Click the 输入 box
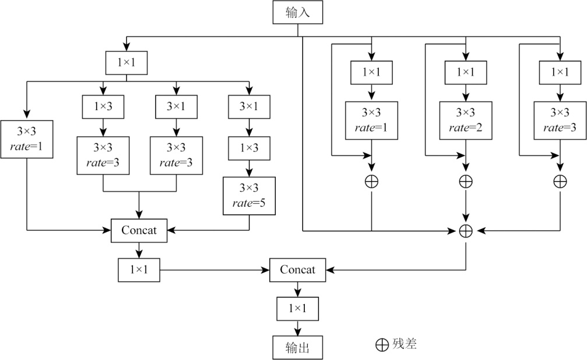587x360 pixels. tap(297, 13)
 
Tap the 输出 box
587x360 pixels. tap(297, 347)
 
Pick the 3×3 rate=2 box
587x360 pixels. tap(466, 120)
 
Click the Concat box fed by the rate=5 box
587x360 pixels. tap(139, 230)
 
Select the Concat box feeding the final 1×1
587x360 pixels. tap(297, 270)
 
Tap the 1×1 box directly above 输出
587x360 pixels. tap(297, 307)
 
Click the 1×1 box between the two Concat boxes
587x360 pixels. tap(139, 270)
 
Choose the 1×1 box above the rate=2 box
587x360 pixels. tap(466, 72)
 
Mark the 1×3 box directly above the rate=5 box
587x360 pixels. tap(249, 147)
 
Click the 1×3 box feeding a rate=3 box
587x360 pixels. tap(103, 106)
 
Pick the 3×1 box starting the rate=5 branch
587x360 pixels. tap(249, 106)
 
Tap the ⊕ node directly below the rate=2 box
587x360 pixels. tap(466, 181)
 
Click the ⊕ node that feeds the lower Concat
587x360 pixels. tap(466, 231)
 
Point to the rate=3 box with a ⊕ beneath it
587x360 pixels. tap(560, 120)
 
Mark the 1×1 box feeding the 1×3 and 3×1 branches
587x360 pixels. tap(126, 62)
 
